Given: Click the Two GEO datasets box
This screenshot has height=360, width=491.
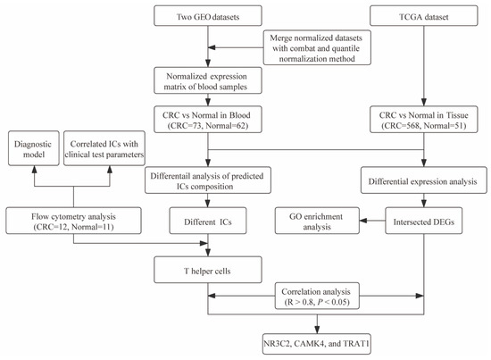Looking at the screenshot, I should point(209,15).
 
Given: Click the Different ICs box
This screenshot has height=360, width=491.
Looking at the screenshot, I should point(209,220).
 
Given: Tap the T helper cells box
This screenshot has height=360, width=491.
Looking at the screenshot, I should point(209,267).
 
